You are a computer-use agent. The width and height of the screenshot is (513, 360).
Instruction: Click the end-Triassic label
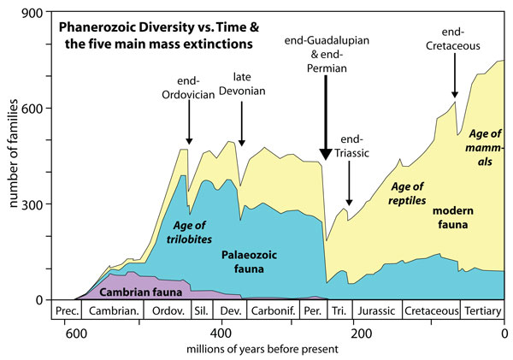(351, 146)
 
